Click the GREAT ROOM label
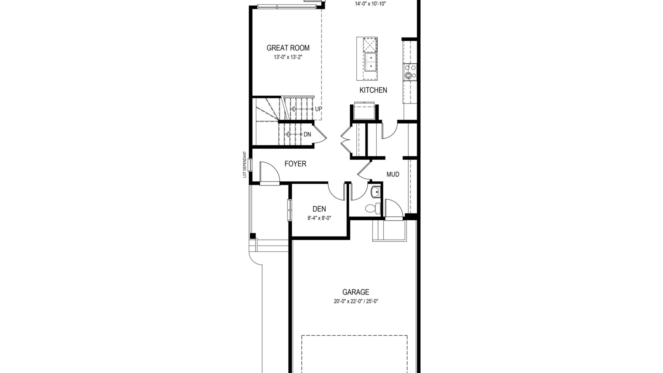click(288, 48)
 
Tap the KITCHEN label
click(373, 90)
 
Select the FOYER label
click(295, 164)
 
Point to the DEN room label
click(319, 209)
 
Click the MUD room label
click(393, 174)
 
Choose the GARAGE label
click(356, 292)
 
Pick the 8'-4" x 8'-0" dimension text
click(319, 218)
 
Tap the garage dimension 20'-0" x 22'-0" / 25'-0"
click(356, 301)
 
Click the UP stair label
click(319, 109)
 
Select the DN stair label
click(307, 134)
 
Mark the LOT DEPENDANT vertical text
click(244, 164)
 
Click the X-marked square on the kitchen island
click(370, 45)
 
